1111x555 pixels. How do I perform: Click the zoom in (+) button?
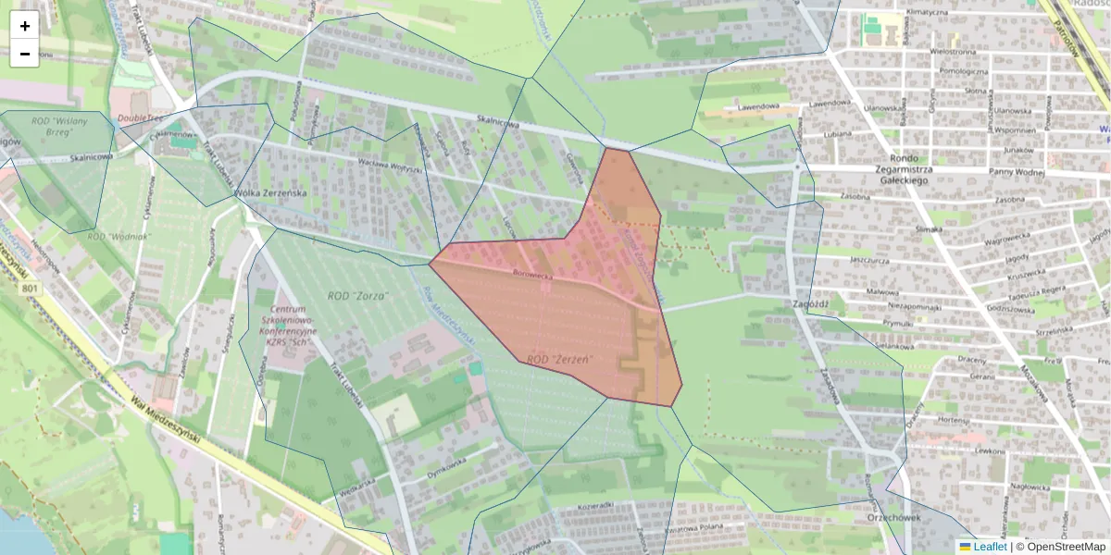pyautogui.click(x=25, y=26)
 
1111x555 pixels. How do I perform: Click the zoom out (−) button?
pyautogui.click(x=25, y=54)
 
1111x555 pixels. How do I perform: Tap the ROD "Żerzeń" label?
pyautogui.click(x=558, y=358)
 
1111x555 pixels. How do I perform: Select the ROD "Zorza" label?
pyautogui.click(x=357, y=295)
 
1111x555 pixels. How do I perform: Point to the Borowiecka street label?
pyautogui.click(x=532, y=274)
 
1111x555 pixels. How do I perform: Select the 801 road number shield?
pyautogui.click(x=31, y=290)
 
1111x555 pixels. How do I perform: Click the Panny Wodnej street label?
pyautogui.click(x=1017, y=172)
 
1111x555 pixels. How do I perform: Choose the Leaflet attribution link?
pyautogui.click(x=982, y=547)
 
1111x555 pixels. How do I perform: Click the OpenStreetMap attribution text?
pyautogui.click(x=1060, y=547)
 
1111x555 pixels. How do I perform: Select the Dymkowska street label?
pyautogui.click(x=445, y=467)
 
